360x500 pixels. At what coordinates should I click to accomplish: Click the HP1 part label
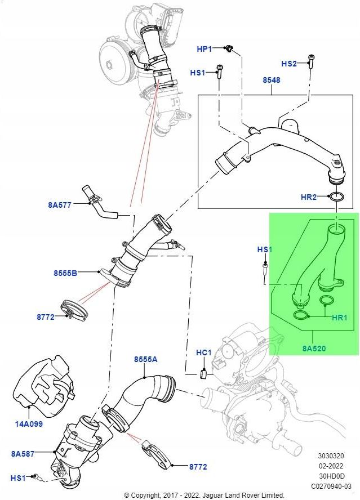[204, 50]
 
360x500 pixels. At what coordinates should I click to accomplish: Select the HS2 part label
[288, 64]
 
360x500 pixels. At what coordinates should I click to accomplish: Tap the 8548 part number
[271, 81]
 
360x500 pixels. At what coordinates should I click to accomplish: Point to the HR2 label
[309, 198]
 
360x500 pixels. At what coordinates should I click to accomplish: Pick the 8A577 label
[60, 205]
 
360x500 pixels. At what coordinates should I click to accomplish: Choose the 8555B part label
[66, 273]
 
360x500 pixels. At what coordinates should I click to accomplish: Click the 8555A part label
[145, 359]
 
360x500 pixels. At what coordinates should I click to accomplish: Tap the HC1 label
[203, 352]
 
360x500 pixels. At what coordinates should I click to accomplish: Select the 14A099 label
[28, 424]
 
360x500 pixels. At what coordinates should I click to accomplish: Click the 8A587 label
[23, 452]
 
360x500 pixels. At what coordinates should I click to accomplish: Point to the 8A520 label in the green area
[314, 349]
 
